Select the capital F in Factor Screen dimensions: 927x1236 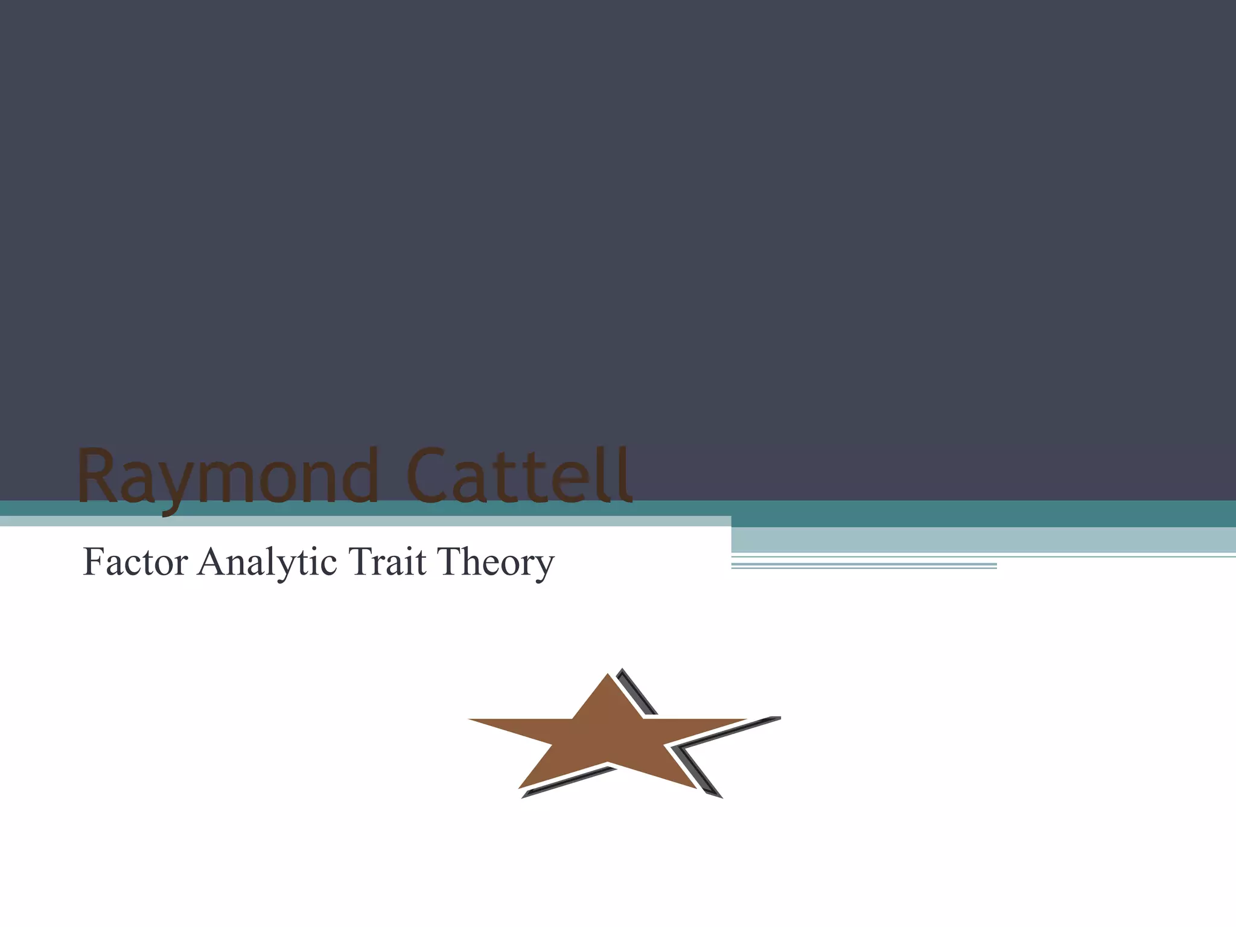(x=94, y=562)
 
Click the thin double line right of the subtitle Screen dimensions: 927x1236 (x=863, y=565)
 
